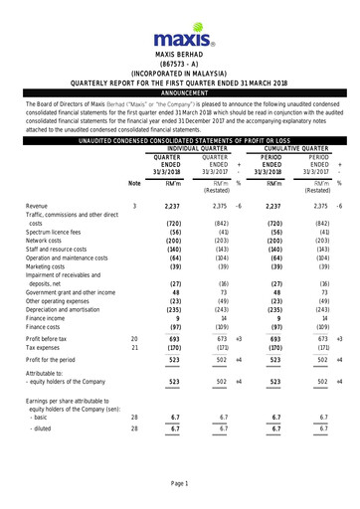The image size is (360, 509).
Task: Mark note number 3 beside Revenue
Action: click(x=134, y=206)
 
